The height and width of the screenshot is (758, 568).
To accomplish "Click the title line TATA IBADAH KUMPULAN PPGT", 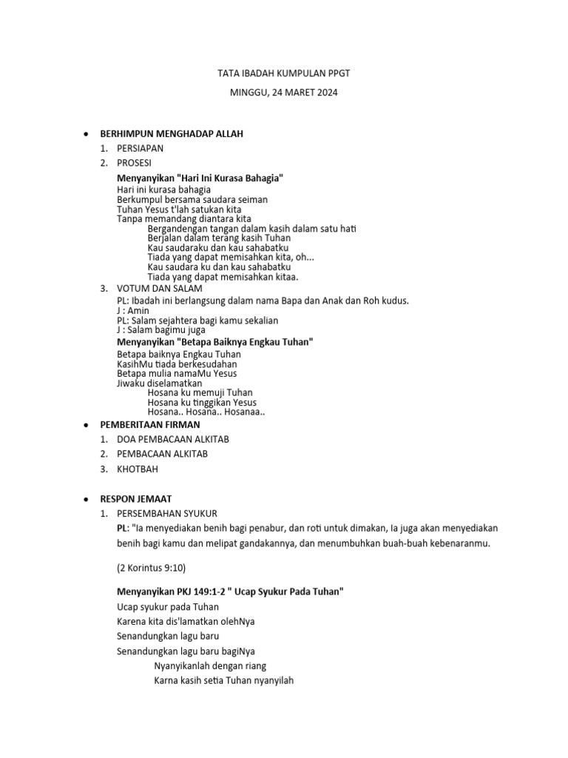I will [x=284, y=73].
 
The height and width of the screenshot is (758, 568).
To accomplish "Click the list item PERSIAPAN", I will [x=141, y=148].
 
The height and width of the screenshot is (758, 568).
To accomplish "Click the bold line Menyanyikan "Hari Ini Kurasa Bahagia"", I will [x=200, y=178].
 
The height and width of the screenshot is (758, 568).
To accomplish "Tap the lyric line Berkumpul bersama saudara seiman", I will [x=192, y=199].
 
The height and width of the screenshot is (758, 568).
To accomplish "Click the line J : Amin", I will [x=133, y=310].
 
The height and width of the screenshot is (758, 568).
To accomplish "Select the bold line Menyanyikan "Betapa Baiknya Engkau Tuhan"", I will [x=215, y=343].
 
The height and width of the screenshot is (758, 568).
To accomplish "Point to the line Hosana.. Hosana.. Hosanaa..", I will [x=206, y=412].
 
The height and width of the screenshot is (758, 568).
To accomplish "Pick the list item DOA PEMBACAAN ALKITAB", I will [x=173, y=439].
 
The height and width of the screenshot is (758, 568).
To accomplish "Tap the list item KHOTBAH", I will [x=138, y=469].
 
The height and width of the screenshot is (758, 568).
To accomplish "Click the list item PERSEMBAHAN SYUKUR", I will [x=167, y=514].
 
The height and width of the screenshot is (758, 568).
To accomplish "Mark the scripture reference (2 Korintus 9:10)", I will [x=152, y=568].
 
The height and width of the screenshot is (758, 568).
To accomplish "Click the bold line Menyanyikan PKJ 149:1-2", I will [x=230, y=591].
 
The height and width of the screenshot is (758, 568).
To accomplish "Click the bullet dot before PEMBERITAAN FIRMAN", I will [x=87, y=425].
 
